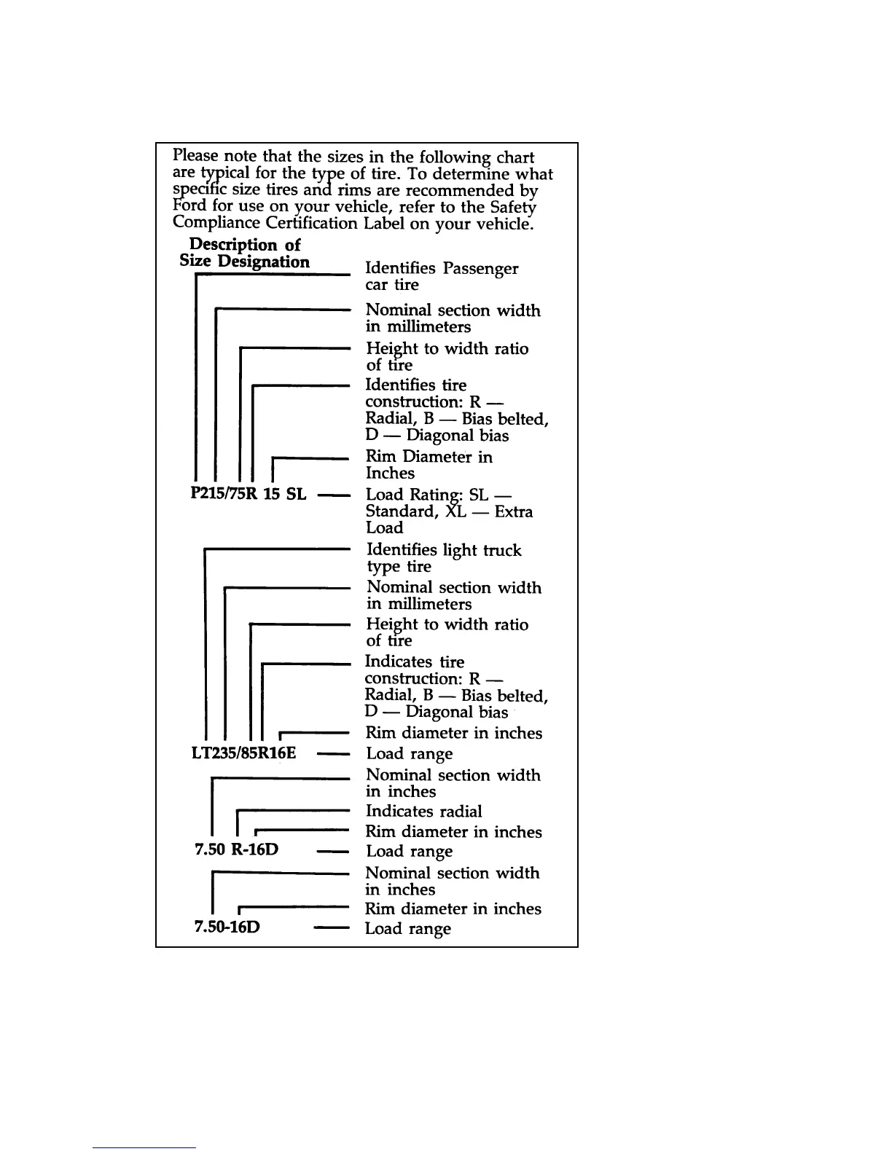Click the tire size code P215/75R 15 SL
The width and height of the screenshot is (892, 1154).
tap(248, 494)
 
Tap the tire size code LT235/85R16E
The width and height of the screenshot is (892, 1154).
tap(243, 752)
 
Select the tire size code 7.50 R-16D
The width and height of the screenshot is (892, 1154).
tap(237, 849)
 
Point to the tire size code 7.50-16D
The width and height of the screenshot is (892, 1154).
tap(227, 927)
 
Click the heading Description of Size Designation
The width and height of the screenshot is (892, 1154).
tap(245, 254)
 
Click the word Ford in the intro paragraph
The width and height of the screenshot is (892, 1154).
tap(191, 206)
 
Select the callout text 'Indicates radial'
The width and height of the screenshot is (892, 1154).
tap(423, 812)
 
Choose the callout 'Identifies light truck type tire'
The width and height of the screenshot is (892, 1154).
tap(443, 558)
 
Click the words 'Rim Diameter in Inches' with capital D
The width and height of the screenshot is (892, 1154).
tap(429, 465)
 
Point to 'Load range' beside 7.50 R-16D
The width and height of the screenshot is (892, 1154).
tap(409, 851)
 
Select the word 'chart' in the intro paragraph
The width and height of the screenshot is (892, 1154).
tap(515, 157)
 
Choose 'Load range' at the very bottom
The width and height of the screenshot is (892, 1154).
tap(407, 929)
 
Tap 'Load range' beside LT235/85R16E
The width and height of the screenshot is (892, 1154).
tap(409, 754)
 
